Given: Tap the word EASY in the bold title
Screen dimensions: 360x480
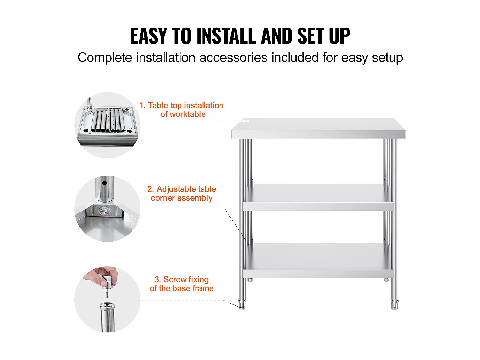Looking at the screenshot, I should pyautogui.click(x=148, y=36).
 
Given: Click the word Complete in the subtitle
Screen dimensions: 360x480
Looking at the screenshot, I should pyautogui.click(x=105, y=58).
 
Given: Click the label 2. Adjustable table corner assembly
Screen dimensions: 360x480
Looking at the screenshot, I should pyautogui.click(x=181, y=194).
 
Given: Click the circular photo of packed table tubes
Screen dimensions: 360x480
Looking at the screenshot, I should pyautogui.click(x=107, y=125).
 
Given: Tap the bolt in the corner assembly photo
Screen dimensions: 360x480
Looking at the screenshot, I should pyautogui.click(x=104, y=211).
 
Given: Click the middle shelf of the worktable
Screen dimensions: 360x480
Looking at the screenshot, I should pyautogui.click(x=318, y=197).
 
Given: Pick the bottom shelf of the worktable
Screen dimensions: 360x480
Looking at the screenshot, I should pyautogui.click(x=318, y=260).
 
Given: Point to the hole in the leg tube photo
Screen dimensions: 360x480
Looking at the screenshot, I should pyautogui.click(x=104, y=184).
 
